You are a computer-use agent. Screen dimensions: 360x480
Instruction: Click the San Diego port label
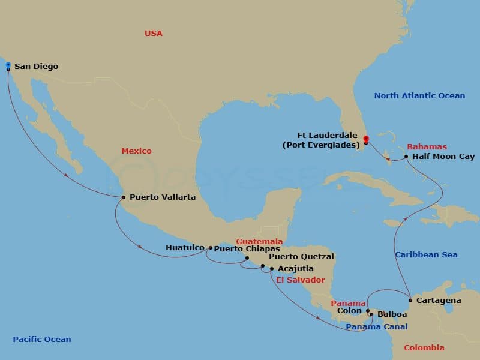coord(36,67)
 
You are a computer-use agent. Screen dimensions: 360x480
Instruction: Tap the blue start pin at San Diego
coord(8,65)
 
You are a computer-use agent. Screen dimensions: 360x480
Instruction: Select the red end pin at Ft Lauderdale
coord(365,140)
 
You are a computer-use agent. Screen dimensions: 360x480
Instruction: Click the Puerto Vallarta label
coord(162,197)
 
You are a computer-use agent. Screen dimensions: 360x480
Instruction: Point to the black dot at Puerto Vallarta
coord(123,197)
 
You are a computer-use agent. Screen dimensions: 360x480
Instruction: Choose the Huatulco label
coord(186,247)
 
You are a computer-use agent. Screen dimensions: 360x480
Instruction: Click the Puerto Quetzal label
coord(301,257)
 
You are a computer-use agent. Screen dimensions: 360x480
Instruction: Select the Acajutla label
coord(295,269)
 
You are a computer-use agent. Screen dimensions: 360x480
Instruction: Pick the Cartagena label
coord(439,300)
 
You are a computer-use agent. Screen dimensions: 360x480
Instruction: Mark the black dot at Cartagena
coord(410,300)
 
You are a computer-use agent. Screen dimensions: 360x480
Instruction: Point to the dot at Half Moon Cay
coord(407,157)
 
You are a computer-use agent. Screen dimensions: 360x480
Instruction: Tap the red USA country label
coord(154,34)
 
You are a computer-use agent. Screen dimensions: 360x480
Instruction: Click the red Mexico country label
coord(137,151)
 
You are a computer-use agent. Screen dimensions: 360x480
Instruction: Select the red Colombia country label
coord(424,348)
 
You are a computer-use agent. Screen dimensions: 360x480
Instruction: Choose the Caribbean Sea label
coord(426,255)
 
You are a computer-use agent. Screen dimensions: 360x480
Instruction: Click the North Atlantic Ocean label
coord(419,96)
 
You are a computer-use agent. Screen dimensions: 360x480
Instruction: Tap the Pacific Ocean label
coord(42,340)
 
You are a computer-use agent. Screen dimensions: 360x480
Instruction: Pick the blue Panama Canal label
coord(377,327)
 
